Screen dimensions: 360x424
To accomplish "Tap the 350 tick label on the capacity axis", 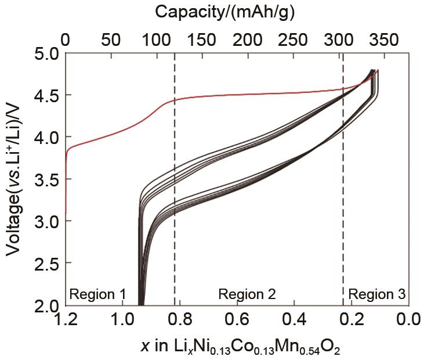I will pyautogui.click(x=383, y=40).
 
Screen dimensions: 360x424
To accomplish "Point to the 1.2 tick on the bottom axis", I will pyautogui.click(x=66, y=319).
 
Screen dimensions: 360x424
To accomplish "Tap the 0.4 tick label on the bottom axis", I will pyautogui.click(x=295, y=319).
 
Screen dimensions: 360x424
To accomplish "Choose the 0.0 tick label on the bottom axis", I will pyautogui.click(x=409, y=319).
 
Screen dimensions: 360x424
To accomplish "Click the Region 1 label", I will pyautogui.click(x=97, y=294).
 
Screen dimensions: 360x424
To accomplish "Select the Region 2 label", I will pyautogui.click(x=247, y=294).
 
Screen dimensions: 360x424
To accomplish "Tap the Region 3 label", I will pyautogui.click(x=376, y=294).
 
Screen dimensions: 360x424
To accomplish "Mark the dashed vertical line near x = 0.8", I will pyautogui.click(x=175, y=174).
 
